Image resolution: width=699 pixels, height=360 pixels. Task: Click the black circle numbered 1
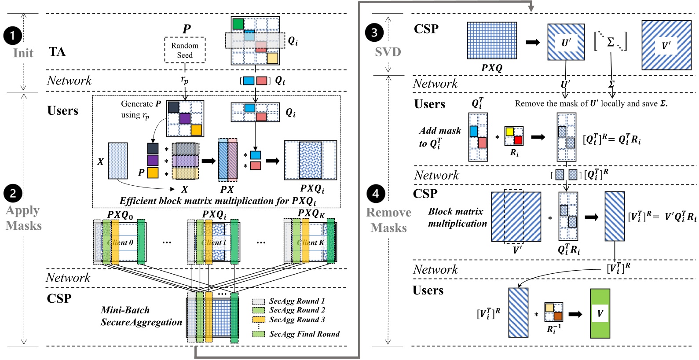tap(13, 36)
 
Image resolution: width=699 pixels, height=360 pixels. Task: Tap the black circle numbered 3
tap(374, 33)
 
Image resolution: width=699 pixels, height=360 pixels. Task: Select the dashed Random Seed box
tap(185, 50)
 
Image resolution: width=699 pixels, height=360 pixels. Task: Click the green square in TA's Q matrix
tap(238, 24)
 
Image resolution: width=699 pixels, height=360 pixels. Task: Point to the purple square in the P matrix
tap(185, 118)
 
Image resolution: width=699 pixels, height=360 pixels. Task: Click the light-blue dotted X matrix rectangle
tap(118, 161)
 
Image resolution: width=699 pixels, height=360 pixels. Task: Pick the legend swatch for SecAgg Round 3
tap(259, 320)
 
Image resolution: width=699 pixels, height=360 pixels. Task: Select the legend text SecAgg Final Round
tap(304, 334)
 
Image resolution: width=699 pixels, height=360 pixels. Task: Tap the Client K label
tap(311, 242)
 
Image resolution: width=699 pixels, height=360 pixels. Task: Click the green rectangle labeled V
tap(600, 313)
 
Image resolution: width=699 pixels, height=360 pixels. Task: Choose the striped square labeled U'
tap(566, 42)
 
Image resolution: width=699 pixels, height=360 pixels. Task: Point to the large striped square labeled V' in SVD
tap(666, 45)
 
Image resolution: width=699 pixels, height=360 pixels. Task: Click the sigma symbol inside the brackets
tap(611, 42)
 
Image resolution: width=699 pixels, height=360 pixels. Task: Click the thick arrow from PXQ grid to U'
tap(533, 42)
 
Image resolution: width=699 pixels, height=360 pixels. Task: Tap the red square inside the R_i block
tap(518, 140)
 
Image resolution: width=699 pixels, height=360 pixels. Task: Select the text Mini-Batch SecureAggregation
tap(141, 316)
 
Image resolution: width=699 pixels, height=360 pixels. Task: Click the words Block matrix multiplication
tap(457, 217)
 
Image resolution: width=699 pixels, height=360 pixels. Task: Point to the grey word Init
tap(23, 53)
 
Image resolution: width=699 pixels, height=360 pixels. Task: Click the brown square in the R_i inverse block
tap(558, 316)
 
